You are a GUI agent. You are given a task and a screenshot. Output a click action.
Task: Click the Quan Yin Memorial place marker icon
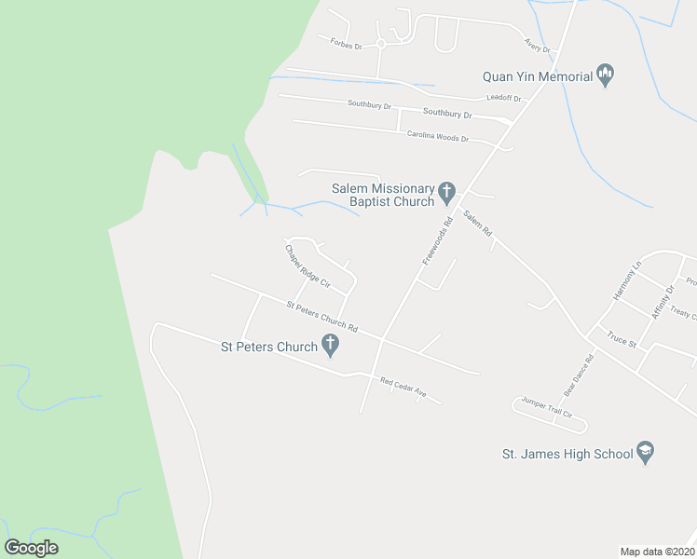606,76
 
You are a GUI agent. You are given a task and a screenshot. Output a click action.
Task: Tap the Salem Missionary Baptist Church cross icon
447,194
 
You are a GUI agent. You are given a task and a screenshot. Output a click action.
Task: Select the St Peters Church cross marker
330,347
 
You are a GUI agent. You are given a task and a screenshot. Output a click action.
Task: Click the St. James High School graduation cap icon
645,454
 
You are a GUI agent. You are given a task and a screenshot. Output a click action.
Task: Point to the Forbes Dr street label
345,41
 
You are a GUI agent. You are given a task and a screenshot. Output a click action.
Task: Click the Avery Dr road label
538,44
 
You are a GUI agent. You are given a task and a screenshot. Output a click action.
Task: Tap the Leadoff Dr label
504,98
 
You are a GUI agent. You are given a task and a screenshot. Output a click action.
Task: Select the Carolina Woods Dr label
437,136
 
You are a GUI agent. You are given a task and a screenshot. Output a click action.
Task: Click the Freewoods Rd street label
437,240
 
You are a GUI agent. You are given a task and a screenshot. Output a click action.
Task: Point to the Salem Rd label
477,225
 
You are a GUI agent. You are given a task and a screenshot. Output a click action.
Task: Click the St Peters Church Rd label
321,315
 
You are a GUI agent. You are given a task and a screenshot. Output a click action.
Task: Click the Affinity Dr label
663,301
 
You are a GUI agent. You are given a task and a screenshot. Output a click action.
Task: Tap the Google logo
31,548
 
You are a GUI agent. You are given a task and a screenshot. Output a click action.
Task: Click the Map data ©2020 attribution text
656,551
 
